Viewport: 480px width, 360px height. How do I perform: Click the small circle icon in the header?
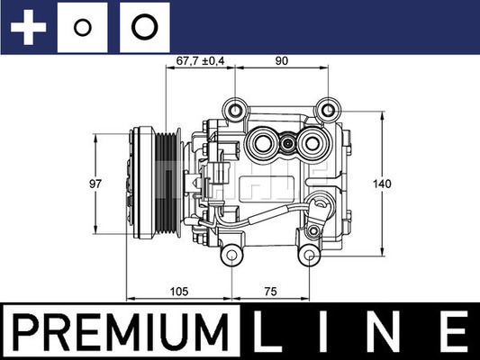tap(83, 27)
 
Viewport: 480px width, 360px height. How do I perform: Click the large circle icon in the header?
tap(142, 27)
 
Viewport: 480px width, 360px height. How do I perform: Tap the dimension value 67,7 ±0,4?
tap(199, 62)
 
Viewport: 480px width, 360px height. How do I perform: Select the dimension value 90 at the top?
tap(282, 62)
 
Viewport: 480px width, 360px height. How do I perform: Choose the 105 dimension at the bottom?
tap(179, 291)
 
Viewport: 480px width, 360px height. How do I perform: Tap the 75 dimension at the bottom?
tap(270, 291)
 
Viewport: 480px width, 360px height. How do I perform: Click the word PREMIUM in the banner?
tap(121, 332)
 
